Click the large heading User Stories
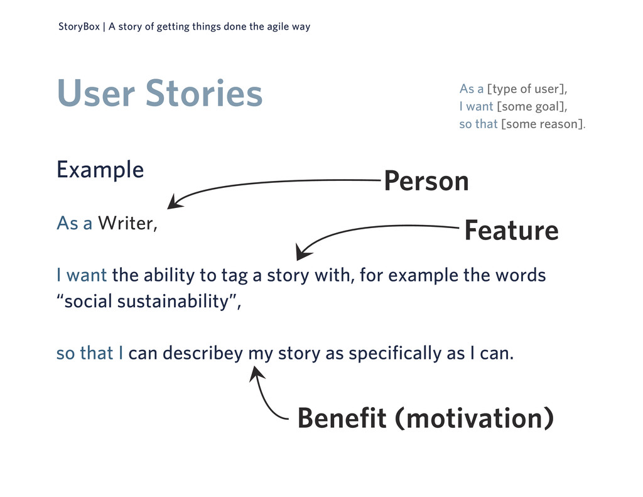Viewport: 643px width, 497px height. click(159, 93)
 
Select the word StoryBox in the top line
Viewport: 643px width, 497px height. click(78, 27)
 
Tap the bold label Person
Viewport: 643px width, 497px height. click(426, 182)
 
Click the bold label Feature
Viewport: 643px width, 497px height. click(511, 231)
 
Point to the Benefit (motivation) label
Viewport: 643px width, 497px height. click(424, 418)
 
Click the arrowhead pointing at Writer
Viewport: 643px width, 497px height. click(173, 203)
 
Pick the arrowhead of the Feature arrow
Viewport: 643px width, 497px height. click(303, 254)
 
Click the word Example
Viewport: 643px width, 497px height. click(100, 170)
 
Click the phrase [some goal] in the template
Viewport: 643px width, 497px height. click(531, 107)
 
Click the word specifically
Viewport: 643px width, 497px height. click(395, 354)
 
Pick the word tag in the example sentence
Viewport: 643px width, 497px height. click(234, 276)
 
